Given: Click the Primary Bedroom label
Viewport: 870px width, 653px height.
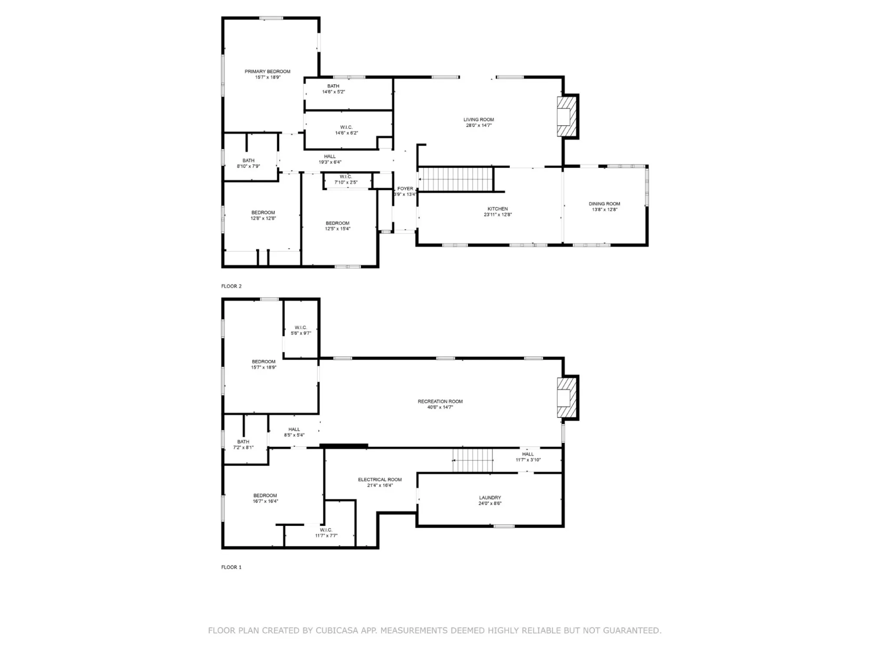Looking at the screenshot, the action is click(x=267, y=72).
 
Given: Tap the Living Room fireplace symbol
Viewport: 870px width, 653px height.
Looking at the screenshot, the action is click(x=567, y=116).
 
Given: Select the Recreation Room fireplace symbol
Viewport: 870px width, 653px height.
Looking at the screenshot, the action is click(x=567, y=397).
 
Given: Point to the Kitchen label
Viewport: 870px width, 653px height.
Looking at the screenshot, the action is click(x=498, y=209).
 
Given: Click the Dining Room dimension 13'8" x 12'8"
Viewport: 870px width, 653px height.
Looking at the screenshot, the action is click(x=605, y=210).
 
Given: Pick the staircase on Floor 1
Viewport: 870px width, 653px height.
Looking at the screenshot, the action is click(x=473, y=460).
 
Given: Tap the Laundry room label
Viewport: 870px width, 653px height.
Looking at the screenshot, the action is click(x=490, y=498).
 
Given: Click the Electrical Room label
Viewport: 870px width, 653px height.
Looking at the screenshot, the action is click(x=380, y=479).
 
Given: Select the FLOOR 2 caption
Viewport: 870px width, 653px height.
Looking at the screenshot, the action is click(x=231, y=286).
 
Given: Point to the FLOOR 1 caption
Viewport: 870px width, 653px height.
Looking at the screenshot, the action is click(x=231, y=567).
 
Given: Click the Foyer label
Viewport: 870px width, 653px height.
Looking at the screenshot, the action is click(x=405, y=189).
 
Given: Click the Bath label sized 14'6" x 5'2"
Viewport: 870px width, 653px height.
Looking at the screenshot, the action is click(x=333, y=86).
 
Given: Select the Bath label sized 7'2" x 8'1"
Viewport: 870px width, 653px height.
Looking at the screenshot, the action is click(x=243, y=442).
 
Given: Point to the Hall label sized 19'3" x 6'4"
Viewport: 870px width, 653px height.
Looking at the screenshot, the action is click(x=330, y=157).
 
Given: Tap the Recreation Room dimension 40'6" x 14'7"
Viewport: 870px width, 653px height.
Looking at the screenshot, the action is click(x=440, y=407).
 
